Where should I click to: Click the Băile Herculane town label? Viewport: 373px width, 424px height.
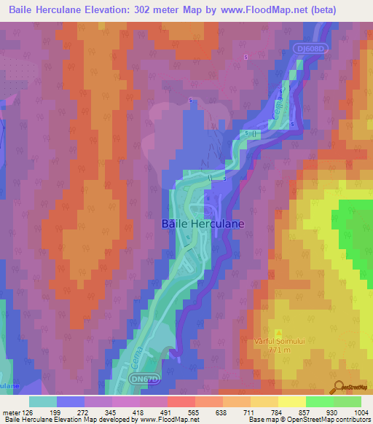[x=203, y=225]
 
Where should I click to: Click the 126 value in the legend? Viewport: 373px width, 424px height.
[x=28, y=412]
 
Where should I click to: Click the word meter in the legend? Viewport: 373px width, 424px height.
[x=11, y=412]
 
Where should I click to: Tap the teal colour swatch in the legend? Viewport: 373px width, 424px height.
[x=43, y=401]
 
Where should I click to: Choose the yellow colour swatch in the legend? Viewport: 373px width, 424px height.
[x=291, y=401]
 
